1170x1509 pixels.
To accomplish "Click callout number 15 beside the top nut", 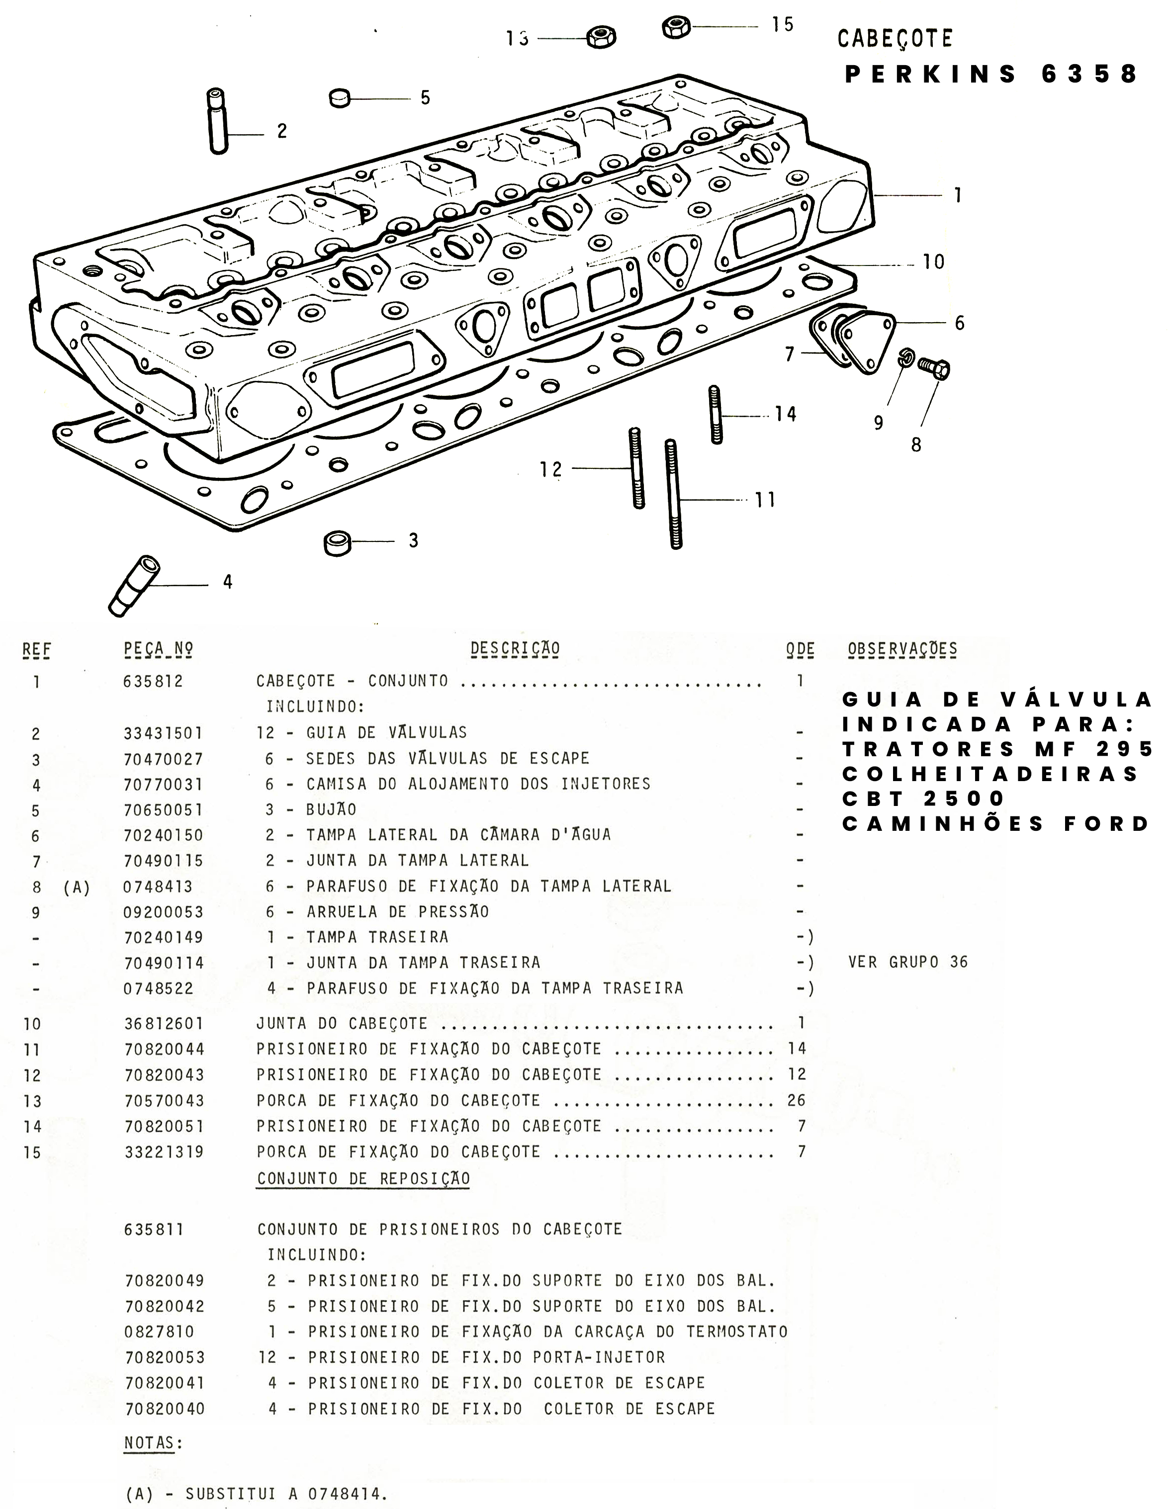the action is (782, 25).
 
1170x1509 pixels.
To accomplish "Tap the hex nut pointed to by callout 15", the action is (675, 27).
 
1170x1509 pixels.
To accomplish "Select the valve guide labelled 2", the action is (218, 120).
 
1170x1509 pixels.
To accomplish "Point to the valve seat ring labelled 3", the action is (337, 543).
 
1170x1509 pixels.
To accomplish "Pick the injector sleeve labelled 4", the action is (134, 585).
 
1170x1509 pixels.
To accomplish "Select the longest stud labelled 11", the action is (673, 494).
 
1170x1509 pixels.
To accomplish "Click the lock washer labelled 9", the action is (906, 358).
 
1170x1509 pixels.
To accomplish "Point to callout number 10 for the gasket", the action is (933, 262).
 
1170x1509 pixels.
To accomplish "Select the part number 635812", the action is (154, 681).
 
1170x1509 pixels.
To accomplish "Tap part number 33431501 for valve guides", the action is (163, 733).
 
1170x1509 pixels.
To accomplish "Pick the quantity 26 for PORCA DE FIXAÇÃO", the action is (796, 1100).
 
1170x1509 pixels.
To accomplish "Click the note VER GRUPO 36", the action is (908, 962).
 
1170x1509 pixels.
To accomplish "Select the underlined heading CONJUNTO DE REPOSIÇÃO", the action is (363, 1178).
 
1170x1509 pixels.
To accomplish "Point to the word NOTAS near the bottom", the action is (149, 1443).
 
